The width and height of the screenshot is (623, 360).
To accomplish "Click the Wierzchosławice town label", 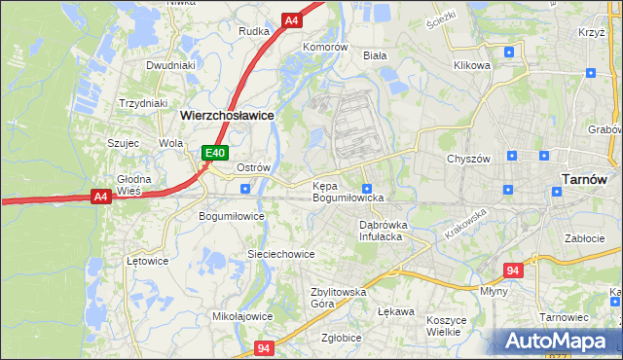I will (x=227, y=114).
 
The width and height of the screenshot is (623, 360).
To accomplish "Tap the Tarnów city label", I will (x=586, y=179).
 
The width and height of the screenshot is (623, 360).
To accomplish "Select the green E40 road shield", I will (x=215, y=153).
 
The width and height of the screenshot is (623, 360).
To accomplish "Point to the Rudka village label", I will (x=254, y=31).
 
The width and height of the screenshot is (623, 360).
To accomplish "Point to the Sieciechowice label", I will (x=280, y=254).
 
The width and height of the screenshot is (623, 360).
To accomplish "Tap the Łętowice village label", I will (x=148, y=261).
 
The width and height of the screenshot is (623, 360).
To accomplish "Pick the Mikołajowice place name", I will (x=242, y=316).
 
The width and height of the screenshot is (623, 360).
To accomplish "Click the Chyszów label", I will (x=467, y=159).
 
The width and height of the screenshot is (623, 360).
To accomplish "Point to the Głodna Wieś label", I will (x=134, y=185).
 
